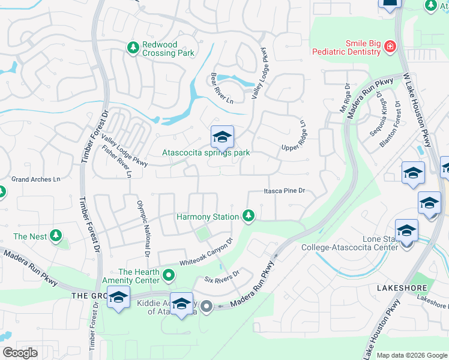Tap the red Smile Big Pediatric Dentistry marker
(x=390, y=46)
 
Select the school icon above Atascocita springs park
(x=221, y=138)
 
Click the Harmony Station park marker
(x=248, y=216)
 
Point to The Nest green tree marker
(x=56, y=236)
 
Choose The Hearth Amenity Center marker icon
(x=169, y=276)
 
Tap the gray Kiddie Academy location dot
(x=206, y=307)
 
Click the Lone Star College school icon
(x=406, y=231)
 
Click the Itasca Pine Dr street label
(x=285, y=191)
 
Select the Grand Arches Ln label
(x=36, y=179)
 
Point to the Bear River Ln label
(x=221, y=88)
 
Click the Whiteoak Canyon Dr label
(x=206, y=253)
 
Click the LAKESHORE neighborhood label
(x=401, y=288)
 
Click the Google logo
(x=20, y=352)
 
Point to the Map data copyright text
(x=412, y=355)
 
